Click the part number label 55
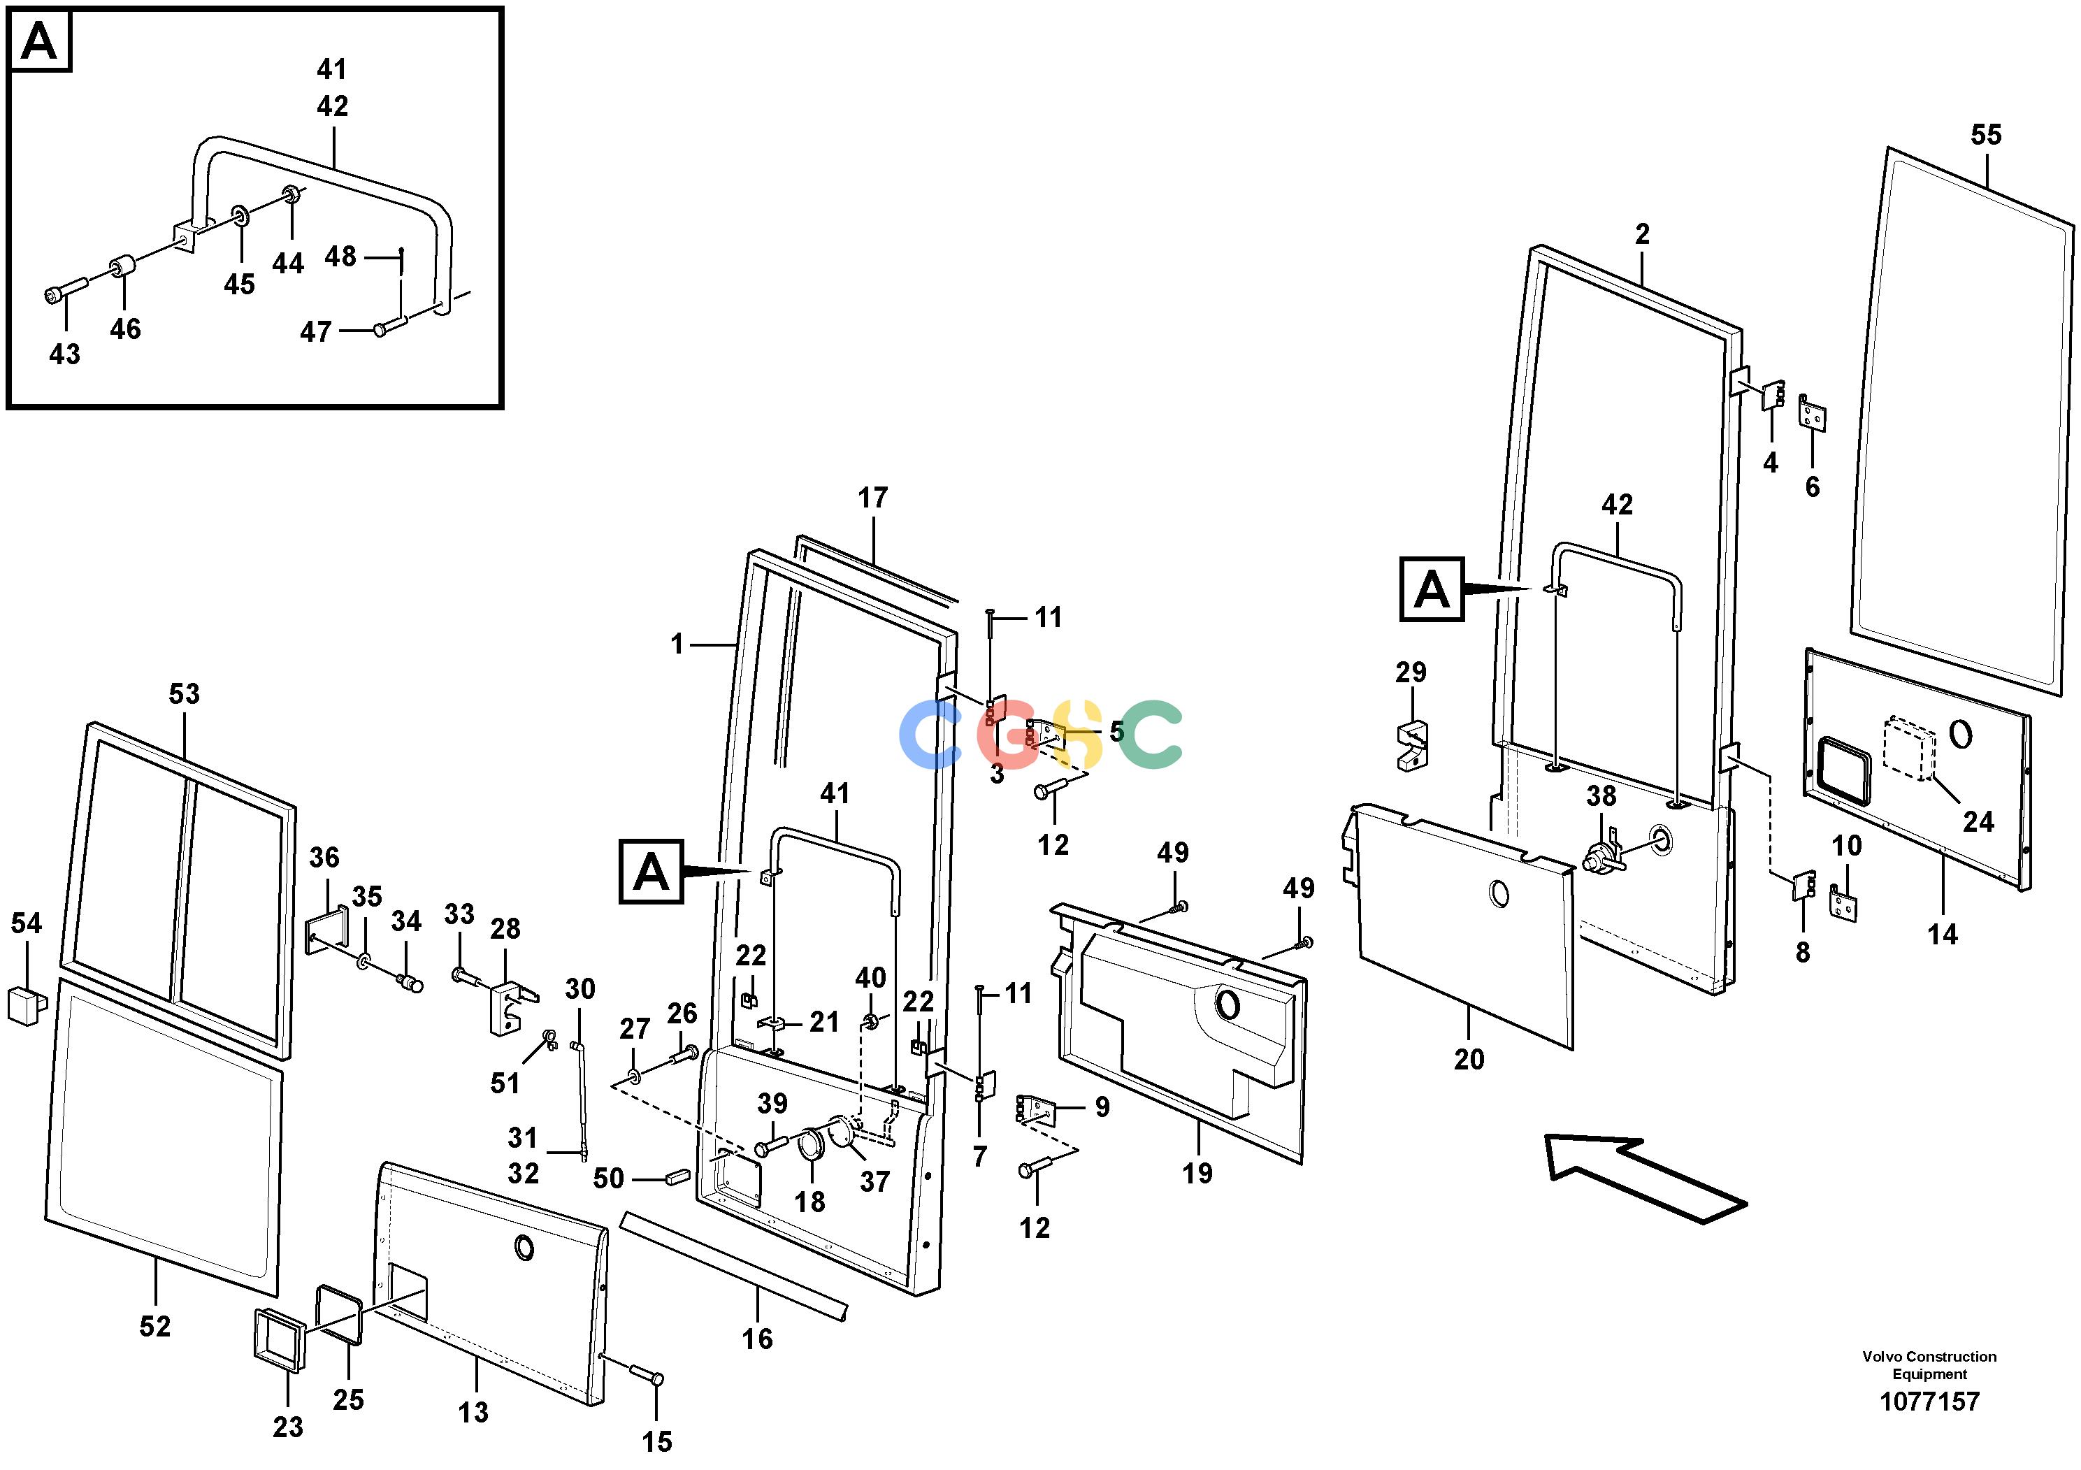click(x=1985, y=135)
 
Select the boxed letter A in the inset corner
click(x=39, y=41)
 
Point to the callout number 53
click(x=184, y=694)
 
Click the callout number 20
click(x=1469, y=1060)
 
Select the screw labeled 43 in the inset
click(x=64, y=289)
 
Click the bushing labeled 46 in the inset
click(x=122, y=270)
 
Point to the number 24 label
click(x=1978, y=822)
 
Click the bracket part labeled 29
click(x=1411, y=745)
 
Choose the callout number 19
click(x=1197, y=1174)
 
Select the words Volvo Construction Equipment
click(x=1929, y=1365)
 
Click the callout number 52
click(x=155, y=1327)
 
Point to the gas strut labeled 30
click(x=579, y=1100)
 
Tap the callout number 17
click(x=873, y=498)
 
